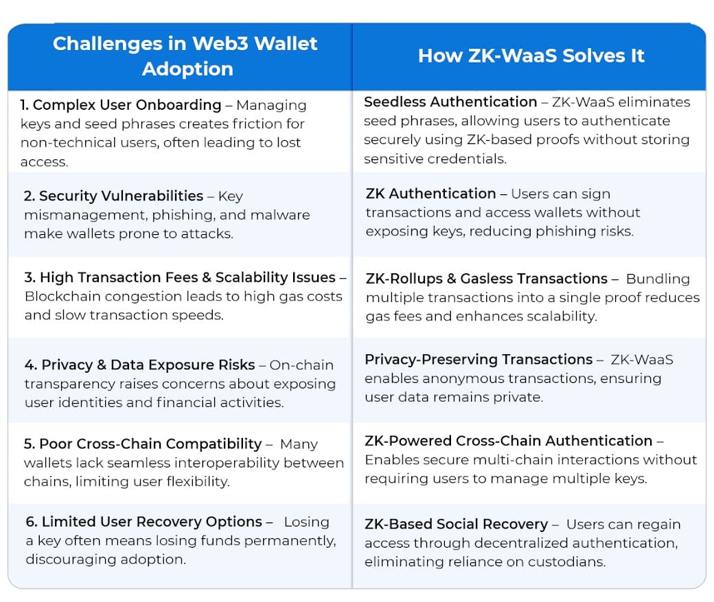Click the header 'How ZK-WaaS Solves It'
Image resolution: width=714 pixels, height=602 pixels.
click(531, 56)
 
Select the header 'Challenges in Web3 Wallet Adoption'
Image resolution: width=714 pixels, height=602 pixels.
click(185, 56)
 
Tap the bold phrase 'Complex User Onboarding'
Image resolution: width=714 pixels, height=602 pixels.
click(127, 105)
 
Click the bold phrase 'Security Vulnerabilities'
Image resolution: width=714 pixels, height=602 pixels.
click(121, 196)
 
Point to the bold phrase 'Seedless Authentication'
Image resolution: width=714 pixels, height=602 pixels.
click(450, 102)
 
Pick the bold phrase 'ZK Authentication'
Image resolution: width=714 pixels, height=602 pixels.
click(430, 194)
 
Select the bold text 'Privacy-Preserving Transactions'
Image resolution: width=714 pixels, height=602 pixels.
click(479, 360)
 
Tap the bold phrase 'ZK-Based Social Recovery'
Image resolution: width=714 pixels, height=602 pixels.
click(457, 524)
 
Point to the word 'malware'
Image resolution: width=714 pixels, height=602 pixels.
click(280, 215)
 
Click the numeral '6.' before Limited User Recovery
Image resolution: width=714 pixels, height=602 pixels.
click(32, 522)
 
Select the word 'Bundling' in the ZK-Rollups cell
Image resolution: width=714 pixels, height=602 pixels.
click(658, 279)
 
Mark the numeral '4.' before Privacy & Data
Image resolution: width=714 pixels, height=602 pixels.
click(31, 365)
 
